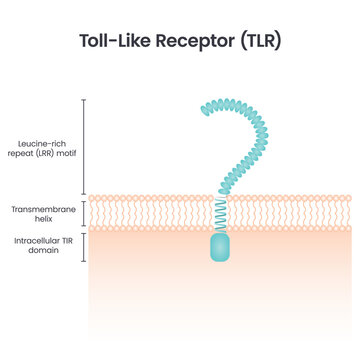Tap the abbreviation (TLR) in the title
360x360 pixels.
(x=262, y=43)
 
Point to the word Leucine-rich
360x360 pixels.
(x=41, y=143)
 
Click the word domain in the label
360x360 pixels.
(x=41, y=250)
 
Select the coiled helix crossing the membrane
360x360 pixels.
(x=221, y=211)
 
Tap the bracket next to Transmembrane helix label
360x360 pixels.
(x=85, y=211)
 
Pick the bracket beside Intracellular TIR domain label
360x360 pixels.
(x=85, y=245)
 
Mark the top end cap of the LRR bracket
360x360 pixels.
(x=85, y=100)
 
